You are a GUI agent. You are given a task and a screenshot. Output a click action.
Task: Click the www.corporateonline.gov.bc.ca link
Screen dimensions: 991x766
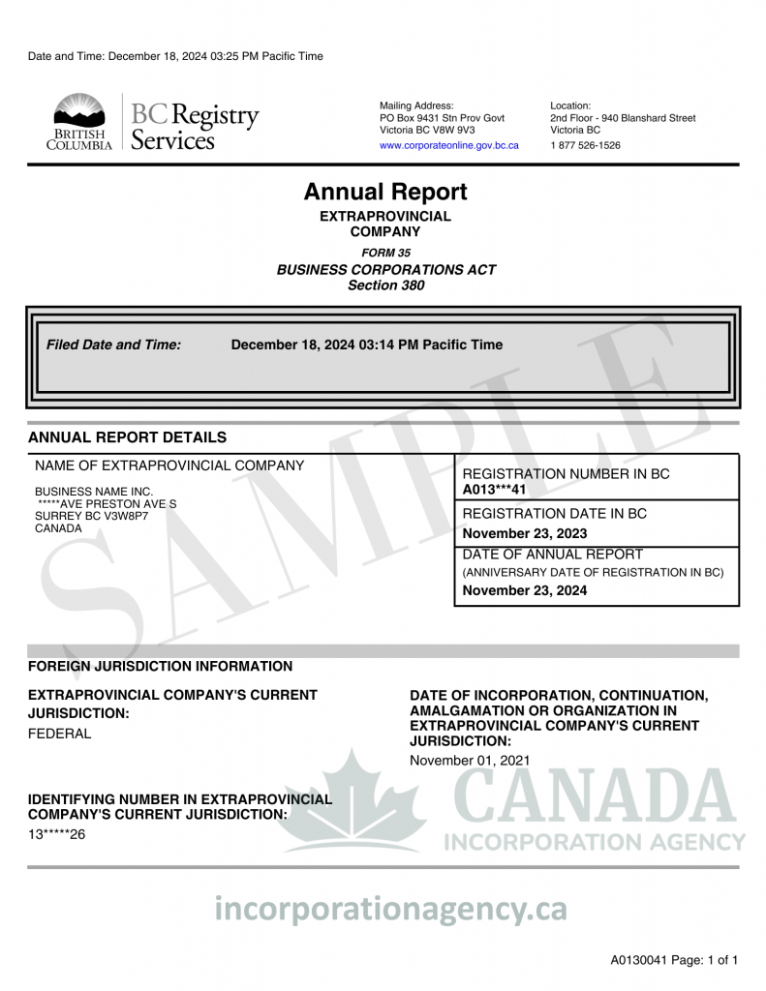(448, 145)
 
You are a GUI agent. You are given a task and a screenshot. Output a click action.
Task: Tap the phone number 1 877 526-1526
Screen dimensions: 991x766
(585, 145)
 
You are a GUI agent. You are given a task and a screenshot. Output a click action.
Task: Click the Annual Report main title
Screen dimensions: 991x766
(385, 192)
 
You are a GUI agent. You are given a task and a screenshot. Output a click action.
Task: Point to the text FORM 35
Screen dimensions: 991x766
(385, 253)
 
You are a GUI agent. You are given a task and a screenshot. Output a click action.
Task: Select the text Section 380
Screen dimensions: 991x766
(385, 285)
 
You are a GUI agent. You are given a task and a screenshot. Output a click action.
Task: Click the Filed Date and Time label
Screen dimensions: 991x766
(113, 345)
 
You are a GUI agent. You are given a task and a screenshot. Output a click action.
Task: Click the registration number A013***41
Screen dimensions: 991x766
(494, 490)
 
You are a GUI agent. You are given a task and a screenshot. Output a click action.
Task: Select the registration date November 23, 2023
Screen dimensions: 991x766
(525, 534)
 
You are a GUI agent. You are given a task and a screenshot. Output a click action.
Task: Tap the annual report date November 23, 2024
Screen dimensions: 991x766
(525, 590)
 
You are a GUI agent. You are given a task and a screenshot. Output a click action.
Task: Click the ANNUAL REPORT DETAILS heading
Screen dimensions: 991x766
(127, 437)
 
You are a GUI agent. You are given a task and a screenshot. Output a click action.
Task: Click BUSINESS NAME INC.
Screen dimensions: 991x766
(94, 492)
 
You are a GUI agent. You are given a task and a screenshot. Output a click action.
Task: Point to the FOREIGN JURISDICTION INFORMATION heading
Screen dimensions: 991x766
(160, 666)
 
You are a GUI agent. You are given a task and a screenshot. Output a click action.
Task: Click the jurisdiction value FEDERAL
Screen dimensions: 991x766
(59, 734)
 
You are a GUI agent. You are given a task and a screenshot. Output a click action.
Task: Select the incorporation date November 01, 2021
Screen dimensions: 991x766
(470, 761)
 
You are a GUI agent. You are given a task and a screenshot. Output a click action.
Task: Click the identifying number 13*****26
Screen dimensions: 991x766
(56, 834)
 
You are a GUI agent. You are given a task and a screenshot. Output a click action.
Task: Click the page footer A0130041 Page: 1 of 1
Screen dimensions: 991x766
(674, 961)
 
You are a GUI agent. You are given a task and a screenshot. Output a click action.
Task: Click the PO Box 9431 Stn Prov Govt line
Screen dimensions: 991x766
(442, 118)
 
